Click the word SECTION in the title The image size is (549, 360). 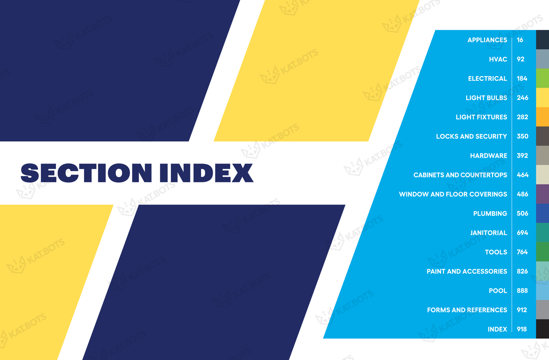coord(86,173)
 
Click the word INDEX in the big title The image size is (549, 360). coord(206,173)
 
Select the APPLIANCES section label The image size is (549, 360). coord(487,40)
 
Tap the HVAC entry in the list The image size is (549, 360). coord(498,59)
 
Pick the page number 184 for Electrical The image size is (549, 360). coord(522,79)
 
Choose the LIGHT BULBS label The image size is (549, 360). coord(486,98)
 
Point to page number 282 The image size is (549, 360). coord(523,117)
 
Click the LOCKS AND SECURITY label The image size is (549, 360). coord(471,136)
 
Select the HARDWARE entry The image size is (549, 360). coord(489,156)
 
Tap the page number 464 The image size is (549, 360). coord(523,175)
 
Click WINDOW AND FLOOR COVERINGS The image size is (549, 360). coord(453,194)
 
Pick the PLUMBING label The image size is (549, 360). coord(490,214)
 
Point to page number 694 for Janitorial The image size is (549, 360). coord(522,233)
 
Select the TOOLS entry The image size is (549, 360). coord(496,252)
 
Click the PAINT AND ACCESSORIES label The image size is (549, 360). coord(467,271)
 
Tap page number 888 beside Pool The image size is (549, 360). coord(522,291)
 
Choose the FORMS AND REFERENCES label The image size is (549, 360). coord(467,310)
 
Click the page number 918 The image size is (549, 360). coord(522,329)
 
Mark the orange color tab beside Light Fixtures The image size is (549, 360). coord(542,117)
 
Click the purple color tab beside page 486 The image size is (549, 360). coord(542,194)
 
